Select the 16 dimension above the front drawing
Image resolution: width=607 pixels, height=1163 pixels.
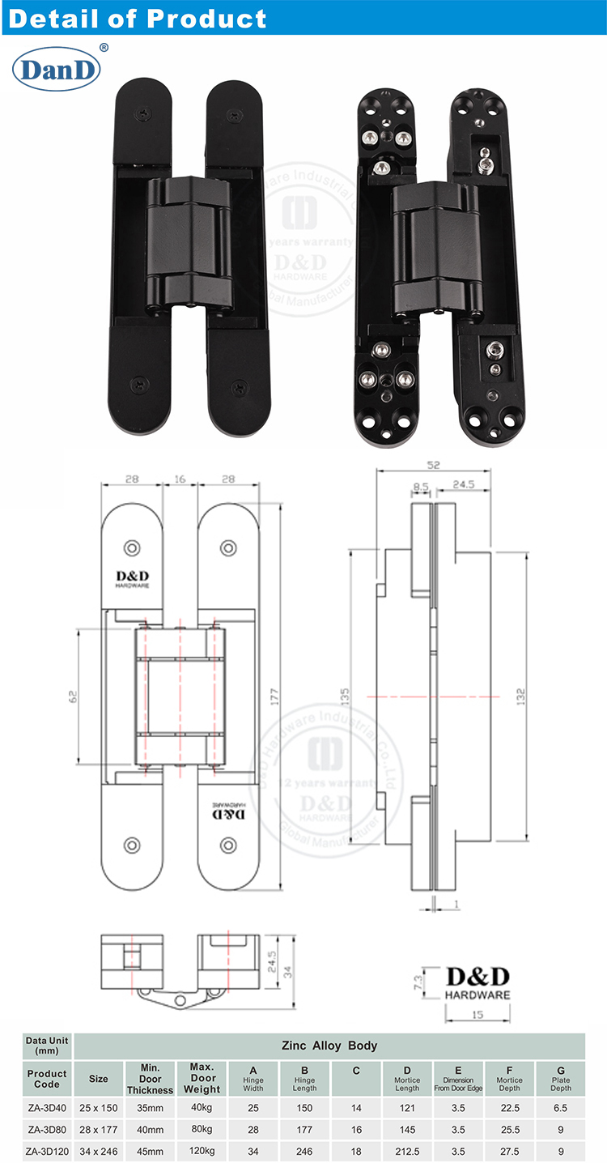click(x=179, y=479)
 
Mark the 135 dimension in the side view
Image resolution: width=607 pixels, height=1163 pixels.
click(x=346, y=697)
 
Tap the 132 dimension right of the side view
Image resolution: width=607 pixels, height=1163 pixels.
click(x=520, y=696)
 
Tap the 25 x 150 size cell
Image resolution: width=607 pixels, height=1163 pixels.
click(x=98, y=1105)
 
